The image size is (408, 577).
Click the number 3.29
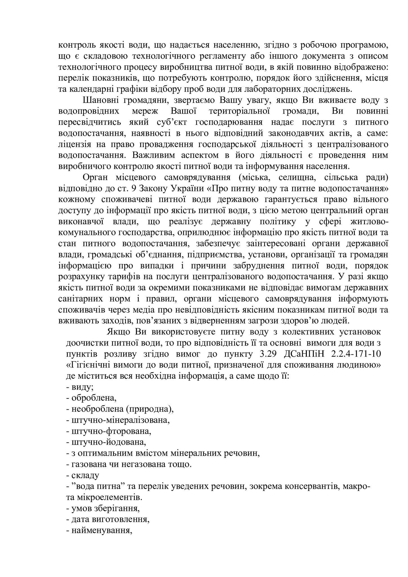(x=270, y=354)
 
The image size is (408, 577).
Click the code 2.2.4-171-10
(x=356, y=354)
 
